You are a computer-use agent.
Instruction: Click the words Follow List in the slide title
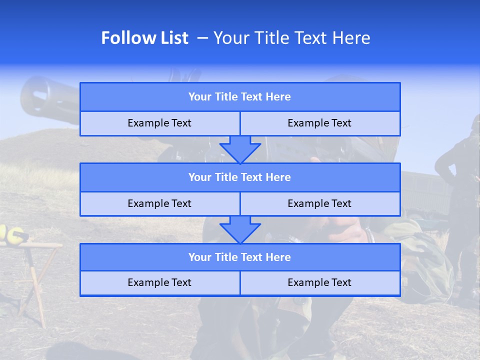(144, 38)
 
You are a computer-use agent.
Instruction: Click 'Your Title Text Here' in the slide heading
(291, 38)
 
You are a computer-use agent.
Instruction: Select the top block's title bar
(239, 97)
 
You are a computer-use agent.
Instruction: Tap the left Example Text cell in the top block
(159, 123)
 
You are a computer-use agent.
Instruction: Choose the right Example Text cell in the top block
(319, 123)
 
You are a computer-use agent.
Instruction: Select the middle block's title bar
(239, 177)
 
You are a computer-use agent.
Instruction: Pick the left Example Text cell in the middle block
(159, 203)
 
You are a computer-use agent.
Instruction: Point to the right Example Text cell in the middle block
(319, 203)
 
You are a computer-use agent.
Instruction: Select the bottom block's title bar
(239, 257)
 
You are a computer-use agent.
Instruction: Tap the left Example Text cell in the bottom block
(159, 282)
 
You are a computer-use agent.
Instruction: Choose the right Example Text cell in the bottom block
(319, 282)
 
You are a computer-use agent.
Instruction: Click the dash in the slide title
(202, 38)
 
